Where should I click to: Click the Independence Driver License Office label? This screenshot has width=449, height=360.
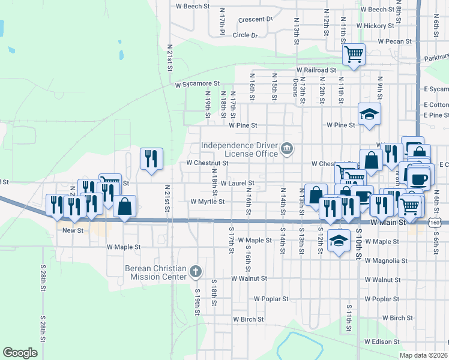240,149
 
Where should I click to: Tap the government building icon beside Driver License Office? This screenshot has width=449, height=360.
287,148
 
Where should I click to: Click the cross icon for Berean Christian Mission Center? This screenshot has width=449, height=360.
194,272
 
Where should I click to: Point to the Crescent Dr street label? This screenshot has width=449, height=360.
255,19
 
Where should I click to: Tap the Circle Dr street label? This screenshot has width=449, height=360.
245,35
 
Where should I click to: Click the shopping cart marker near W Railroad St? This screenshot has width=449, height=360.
354,55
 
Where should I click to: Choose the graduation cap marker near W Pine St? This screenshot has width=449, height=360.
369,113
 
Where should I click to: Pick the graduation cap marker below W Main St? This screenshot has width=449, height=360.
339,241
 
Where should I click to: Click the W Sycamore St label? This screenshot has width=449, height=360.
197,85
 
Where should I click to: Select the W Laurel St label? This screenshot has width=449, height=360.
238,183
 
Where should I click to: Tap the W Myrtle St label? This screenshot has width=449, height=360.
207,202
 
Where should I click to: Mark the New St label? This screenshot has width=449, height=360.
72,230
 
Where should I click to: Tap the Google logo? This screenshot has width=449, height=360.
20,353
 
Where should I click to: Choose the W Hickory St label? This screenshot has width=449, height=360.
375,26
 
